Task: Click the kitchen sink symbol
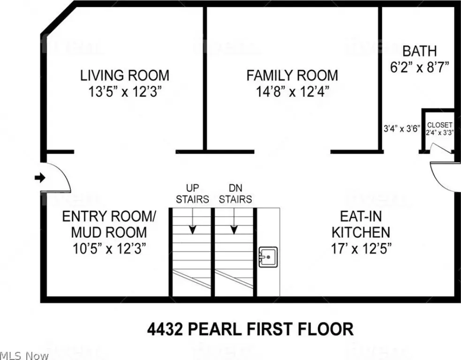(268, 257)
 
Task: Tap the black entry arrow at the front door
(40, 178)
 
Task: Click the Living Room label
(125, 75)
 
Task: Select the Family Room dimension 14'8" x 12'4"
(292, 92)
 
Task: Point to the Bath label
(420, 51)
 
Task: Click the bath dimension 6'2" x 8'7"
(420, 67)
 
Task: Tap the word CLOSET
(440, 125)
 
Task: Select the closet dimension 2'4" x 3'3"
(440, 133)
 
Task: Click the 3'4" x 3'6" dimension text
(402, 129)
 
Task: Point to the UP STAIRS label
(192, 194)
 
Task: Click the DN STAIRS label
(235, 194)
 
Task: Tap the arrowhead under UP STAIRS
(193, 230)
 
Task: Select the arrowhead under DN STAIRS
(234, 230)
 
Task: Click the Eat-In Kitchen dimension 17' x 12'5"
(361, 249)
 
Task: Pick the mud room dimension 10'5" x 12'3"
(109, 249)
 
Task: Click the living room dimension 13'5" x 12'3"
(125, 92)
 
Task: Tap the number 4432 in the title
(165, 329)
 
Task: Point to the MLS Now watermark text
(24, 356)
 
